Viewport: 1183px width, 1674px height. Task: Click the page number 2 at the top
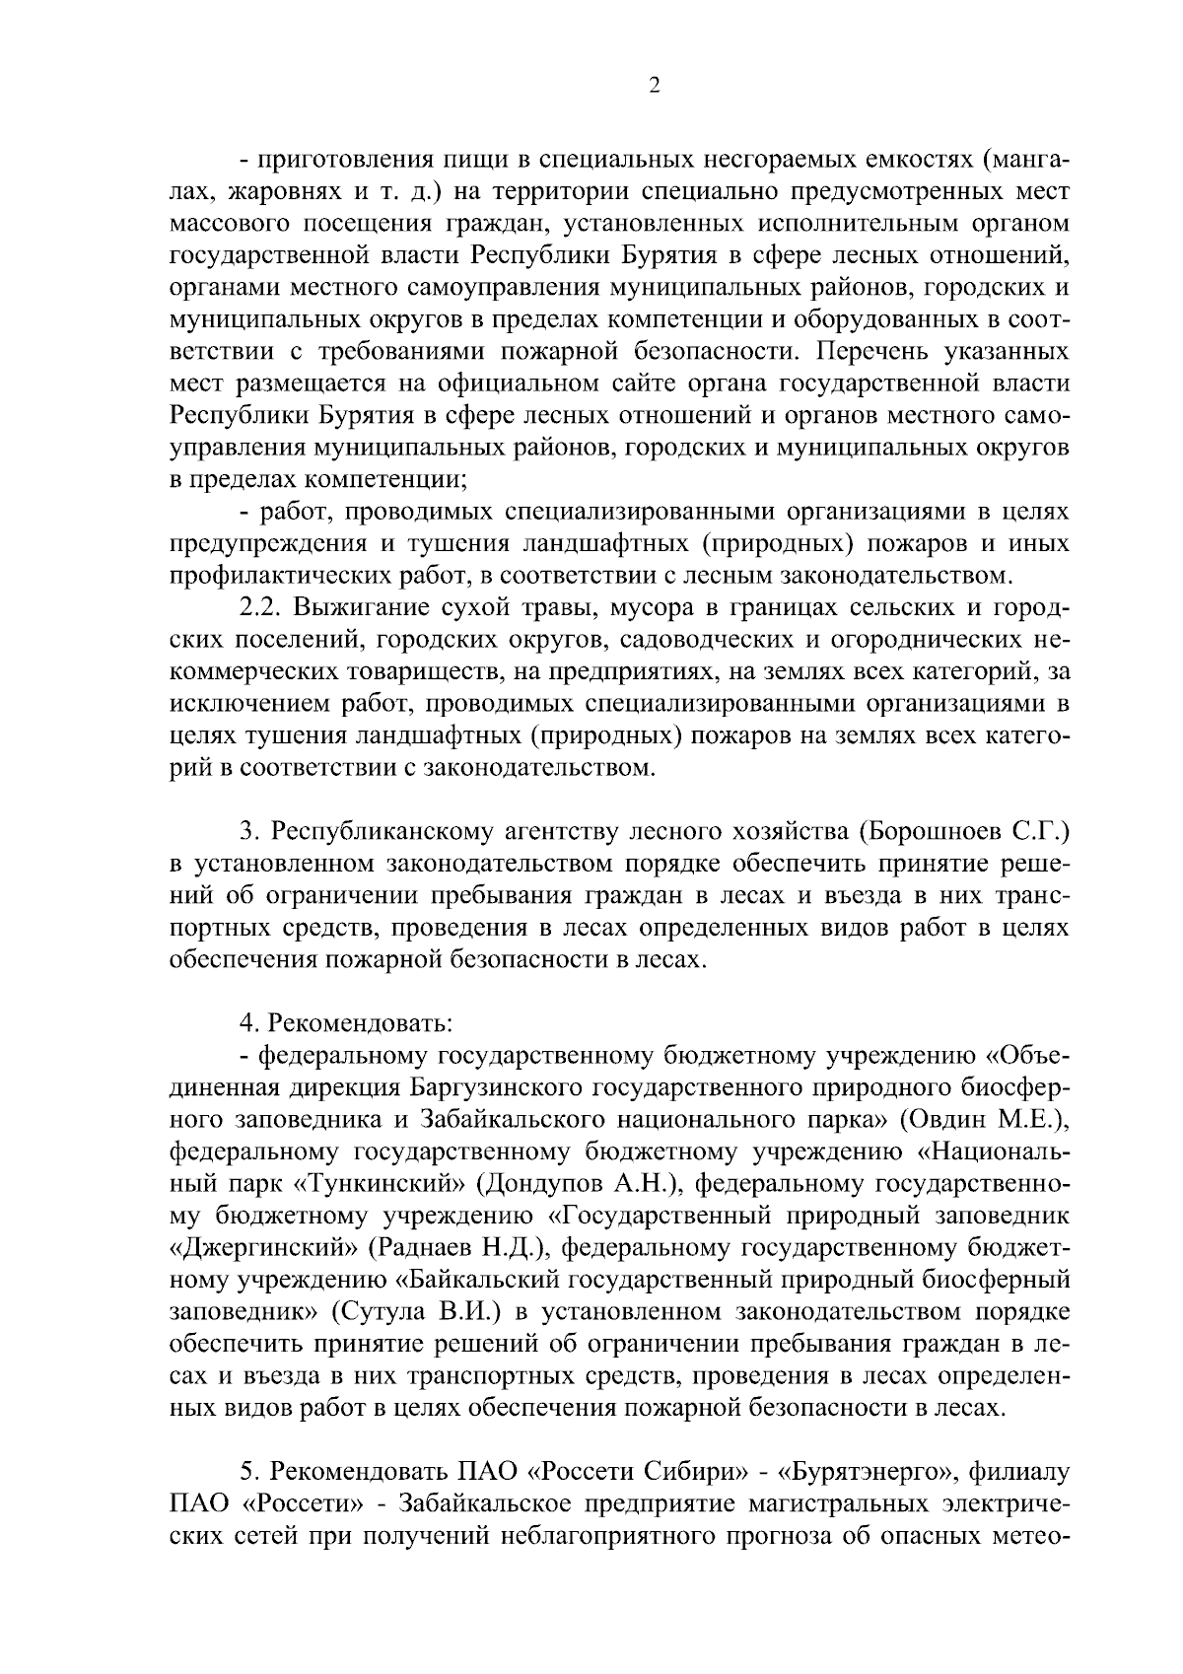coord(654,86)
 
